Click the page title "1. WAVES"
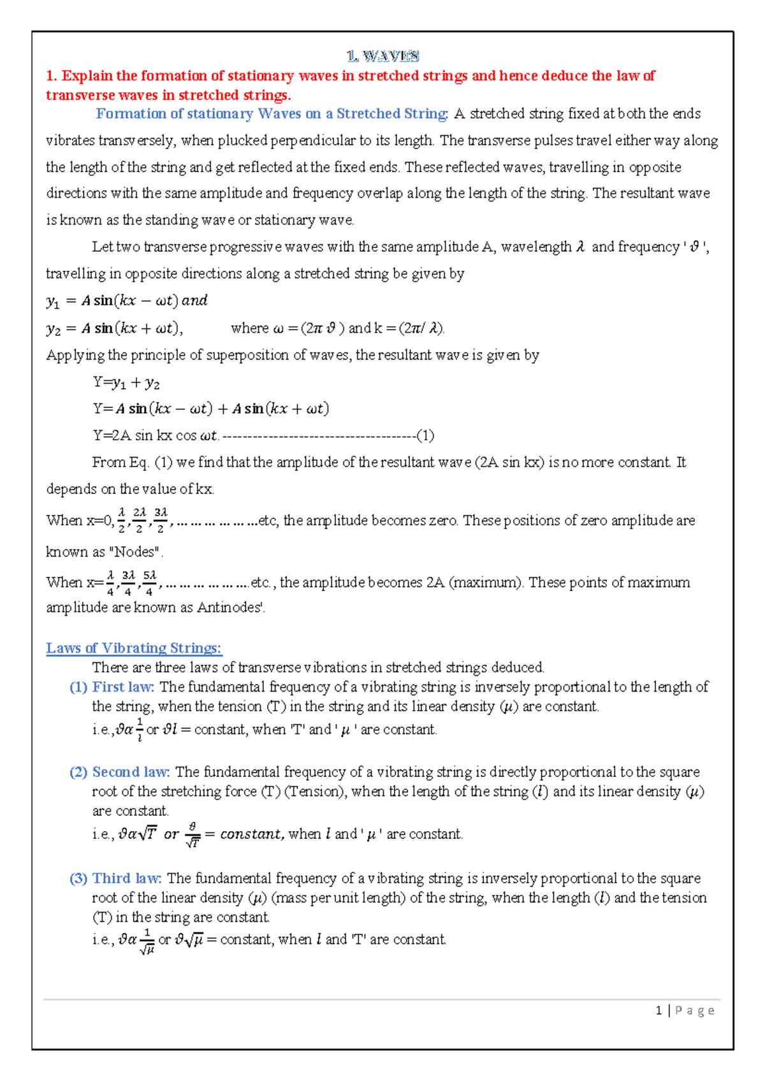click(x=382, y=56)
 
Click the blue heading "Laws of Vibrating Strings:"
click(x=134, y=648)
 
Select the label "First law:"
click(x=123, y=686)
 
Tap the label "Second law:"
click(x=131, y=772)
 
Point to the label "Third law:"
click(x=127, y=878)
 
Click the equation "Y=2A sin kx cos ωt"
click(x=156, y=436)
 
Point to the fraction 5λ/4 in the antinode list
click(x=149, y=583)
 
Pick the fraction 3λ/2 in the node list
click(x=161, y=520)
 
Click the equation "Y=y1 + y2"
click(x=126, y=382)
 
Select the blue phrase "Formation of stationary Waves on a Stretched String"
click(x=272, y=113)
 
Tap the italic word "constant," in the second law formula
click(x=251, y=834)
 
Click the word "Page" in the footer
click(x=695, y=1010)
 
